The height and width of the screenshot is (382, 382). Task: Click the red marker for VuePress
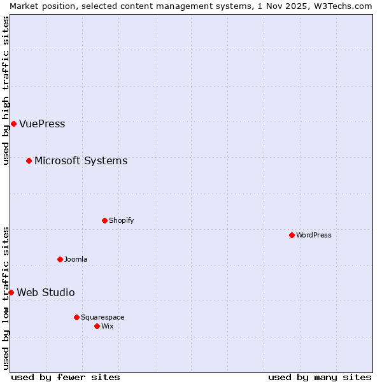tap(13, 124)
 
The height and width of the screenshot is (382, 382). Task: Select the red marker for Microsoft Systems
tap(29, 160)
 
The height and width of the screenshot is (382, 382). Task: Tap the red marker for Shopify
tap(104, 220)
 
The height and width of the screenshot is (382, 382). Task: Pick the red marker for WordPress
tap(292, 235)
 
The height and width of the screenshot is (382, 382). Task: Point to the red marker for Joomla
tap(60, 259)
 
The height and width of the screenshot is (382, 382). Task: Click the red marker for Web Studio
tap(11, 292)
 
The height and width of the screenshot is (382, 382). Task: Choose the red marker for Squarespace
tap(76, 317)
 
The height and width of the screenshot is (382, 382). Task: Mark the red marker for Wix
tap(97, 326)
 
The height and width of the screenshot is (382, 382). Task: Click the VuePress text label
tap(42, 124)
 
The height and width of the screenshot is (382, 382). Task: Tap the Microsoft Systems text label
tap(81, 160)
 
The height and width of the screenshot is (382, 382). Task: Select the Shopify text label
tap(121, 220)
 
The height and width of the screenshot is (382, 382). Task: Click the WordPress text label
tap(313, 235)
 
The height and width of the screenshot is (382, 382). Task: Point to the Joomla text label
tap(76, 259)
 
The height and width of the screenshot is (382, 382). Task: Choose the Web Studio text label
tap(46, 292)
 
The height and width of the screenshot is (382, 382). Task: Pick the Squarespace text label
tap(103, 317)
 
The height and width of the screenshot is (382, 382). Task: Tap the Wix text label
tap(107, 326)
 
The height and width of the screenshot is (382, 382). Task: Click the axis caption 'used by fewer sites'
tap(66, 377)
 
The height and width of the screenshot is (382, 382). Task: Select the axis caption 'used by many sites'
tap(320, 377)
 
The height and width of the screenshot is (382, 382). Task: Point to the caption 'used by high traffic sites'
tap(6, 90)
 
